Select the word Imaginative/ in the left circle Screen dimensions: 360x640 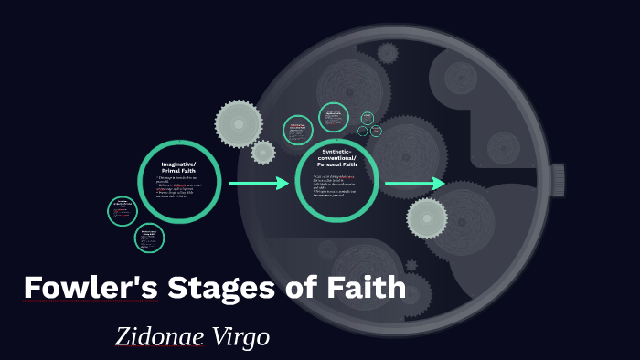click(178, 163)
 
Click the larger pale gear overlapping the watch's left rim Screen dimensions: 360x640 click(239, 122)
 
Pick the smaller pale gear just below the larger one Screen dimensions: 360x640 click(263, 153)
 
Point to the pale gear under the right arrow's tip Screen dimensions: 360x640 click(427, 218)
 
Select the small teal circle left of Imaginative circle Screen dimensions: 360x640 click(122, 210)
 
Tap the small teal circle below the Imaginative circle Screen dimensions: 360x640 click(149, 238)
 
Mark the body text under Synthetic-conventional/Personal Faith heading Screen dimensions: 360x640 click(336, 185)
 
